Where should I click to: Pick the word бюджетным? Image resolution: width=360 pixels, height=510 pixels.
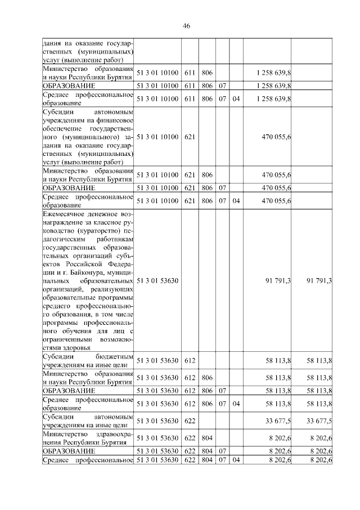(116, 357)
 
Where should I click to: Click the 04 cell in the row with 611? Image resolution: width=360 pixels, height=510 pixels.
(236, 99)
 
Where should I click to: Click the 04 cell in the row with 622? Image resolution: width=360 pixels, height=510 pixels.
(236, 460)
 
